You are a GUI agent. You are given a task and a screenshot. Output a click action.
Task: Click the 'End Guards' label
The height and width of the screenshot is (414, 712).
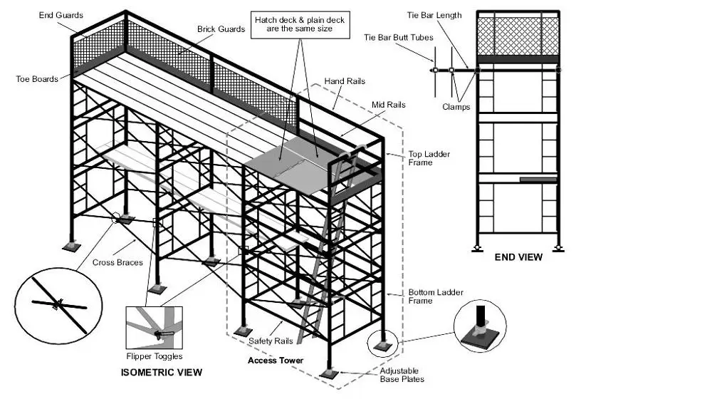coord(61,15)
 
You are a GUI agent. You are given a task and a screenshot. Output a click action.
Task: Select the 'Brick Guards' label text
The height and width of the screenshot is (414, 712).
coord(221,29)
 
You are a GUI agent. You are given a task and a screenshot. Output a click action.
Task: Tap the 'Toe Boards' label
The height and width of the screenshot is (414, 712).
coord(37,78)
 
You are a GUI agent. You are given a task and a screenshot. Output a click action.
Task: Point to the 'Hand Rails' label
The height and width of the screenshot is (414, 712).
coord(345,82)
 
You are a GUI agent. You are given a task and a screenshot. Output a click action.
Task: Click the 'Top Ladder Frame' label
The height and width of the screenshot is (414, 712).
coord(429,158)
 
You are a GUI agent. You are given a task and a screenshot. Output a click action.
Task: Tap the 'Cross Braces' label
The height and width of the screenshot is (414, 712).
coord(117,263)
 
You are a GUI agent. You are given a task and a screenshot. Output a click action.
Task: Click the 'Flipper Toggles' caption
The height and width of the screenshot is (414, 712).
coord(153,356)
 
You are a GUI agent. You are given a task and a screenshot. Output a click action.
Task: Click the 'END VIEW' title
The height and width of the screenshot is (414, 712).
coord(518,257)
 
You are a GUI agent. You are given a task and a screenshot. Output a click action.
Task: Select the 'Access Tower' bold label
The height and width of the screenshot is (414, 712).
coord(276,361)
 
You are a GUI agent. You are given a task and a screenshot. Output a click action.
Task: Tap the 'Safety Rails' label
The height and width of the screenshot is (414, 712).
coord(271,341)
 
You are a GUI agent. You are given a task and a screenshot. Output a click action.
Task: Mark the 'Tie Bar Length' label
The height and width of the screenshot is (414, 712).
coord(434,15)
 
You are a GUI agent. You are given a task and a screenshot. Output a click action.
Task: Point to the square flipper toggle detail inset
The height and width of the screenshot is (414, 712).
coord(154,327)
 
